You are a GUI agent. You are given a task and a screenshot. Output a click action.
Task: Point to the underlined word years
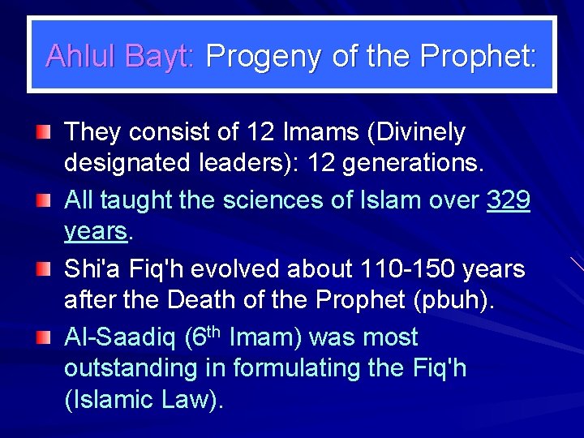point(96,233)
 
